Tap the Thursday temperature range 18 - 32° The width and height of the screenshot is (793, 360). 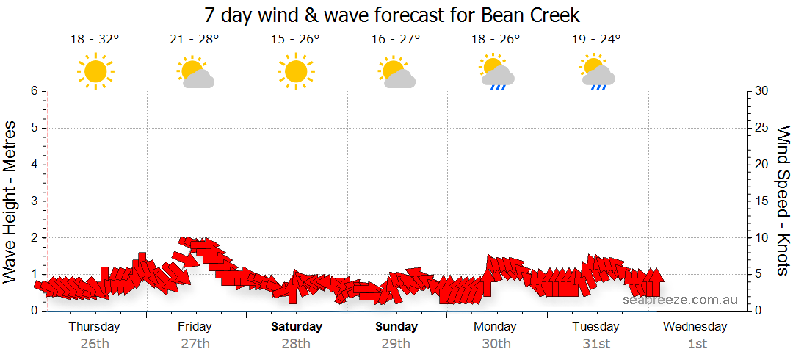click(94, 40)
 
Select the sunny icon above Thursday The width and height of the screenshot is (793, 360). click(95, 71)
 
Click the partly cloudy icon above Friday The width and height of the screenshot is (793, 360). click(195, 72)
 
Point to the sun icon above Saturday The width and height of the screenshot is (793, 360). click(296, 71)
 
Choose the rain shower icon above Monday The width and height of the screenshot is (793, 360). click(496, 73)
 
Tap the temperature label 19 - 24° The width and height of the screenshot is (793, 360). click(596, 40)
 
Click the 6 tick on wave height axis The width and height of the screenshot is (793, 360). click(34, 91)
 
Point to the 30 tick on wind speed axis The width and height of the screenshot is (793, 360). click(762, 91)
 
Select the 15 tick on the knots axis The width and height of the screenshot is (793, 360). click(761, 201)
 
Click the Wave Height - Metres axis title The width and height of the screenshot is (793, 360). click(10, 201)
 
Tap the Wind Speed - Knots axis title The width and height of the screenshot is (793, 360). click(783, 201)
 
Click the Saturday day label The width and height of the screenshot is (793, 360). click(296, 326)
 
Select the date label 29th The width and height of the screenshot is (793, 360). click(396, 343)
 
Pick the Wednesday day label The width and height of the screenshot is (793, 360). click(695, 326)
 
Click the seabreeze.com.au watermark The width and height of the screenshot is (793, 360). click(680, 299)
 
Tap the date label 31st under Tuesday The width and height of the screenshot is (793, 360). click(596, 343)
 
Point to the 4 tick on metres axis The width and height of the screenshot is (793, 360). click(34, 165)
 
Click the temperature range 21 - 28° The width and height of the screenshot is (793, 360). click(195, 40)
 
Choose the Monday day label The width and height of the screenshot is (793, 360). click(496, 326)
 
